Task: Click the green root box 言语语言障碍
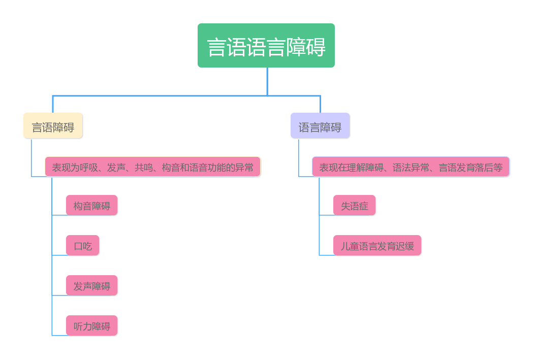click(266, 46)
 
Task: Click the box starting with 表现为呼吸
click(152, 167)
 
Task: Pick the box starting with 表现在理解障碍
click(411, 167)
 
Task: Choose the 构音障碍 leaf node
click(91, 206)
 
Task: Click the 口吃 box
click(82, 246)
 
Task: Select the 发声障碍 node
click(91, 286)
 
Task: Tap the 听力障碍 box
click(91, 326)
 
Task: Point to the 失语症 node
click(354, 206)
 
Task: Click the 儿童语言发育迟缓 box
click(377, 246)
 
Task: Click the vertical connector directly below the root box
click(267, 81)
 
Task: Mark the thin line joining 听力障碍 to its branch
click(59, 335)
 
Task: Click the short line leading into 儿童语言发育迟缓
click(326, 255)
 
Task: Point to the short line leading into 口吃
click(59, 255)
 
